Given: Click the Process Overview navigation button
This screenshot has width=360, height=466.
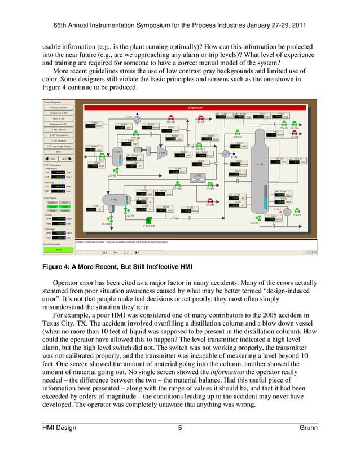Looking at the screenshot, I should click(58, 107).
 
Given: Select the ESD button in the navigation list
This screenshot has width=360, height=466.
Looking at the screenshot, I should click(58, 152).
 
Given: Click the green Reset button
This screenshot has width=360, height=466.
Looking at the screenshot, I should click(58, 249).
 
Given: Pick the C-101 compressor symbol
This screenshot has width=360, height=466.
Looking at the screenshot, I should click(161, 152).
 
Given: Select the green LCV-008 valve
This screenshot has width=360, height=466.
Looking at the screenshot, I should click(111, 219).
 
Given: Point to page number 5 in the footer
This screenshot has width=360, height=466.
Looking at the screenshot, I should click(179, 428).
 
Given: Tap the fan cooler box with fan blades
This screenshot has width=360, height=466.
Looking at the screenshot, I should click(198, 175).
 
